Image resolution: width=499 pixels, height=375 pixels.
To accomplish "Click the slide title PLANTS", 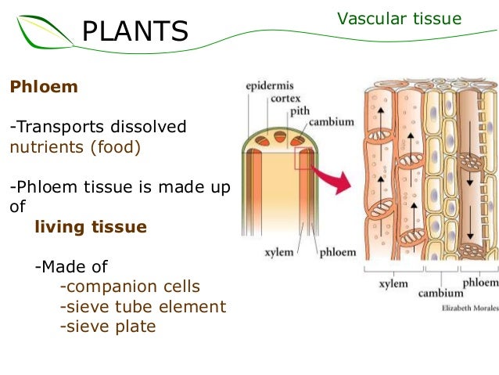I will [135, 31].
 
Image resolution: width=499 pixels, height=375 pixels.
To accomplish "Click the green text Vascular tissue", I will [399, 19].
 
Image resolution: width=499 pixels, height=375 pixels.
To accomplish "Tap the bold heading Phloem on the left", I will [44, 87].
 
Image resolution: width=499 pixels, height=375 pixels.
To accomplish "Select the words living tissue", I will [91, 227].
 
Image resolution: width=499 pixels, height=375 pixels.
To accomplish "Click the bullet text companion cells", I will [130, 287].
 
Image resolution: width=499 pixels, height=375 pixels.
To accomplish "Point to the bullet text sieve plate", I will [108, 326].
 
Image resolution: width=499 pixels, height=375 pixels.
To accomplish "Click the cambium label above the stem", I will [328, 122].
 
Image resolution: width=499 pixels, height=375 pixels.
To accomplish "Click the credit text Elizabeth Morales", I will [464, 308].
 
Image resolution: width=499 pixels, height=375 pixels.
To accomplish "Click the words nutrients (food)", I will [75, 146].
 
